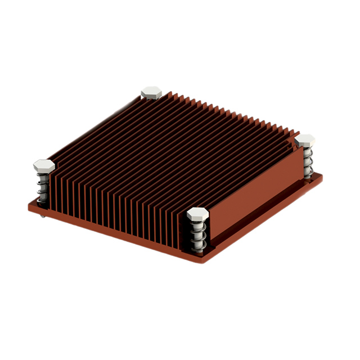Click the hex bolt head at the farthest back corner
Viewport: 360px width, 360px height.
(151, 91)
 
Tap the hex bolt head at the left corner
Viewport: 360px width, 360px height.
(44, 165)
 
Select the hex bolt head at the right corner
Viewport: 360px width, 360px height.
(305, 140)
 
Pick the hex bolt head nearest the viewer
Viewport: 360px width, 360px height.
(198, 214)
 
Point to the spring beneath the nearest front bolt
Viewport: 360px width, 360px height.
(197, 236)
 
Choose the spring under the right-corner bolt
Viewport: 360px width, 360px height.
(307, 162)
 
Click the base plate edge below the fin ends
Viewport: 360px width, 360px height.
(112, 233)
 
